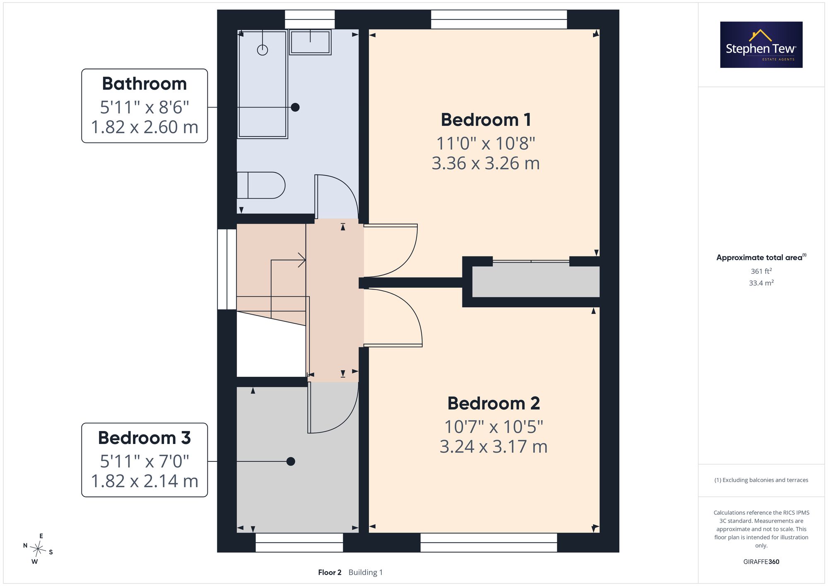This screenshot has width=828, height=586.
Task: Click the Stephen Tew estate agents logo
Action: (761, 45)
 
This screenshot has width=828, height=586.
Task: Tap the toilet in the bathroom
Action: (261, 185)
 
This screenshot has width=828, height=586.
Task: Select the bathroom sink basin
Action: (310, 42)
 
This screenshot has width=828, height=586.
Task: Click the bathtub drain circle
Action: (262, 50)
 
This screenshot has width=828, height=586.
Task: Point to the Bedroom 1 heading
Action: (486, 120)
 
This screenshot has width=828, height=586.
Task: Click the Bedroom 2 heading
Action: (493, 403)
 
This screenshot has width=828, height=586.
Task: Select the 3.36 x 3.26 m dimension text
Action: (486, 163)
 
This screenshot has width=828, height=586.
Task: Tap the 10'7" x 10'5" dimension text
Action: (493, 427)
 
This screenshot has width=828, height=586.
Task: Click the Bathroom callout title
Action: (144, 84)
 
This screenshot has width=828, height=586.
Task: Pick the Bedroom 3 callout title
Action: (144, 438)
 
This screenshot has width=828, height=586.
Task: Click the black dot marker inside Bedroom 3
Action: (291, 461)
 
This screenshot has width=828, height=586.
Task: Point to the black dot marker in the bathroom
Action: (295, 107)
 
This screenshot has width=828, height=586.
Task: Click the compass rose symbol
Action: (38, 549)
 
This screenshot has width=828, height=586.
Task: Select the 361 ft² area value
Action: (761, 271)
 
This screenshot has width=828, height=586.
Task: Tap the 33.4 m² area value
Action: (761, 283)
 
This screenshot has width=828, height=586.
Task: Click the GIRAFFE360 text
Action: (761, 562)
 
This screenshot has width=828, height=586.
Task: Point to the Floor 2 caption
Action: (330, 572)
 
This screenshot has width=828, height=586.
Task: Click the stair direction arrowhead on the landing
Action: (302, 260)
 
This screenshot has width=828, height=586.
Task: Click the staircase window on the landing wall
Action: (227, 269)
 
